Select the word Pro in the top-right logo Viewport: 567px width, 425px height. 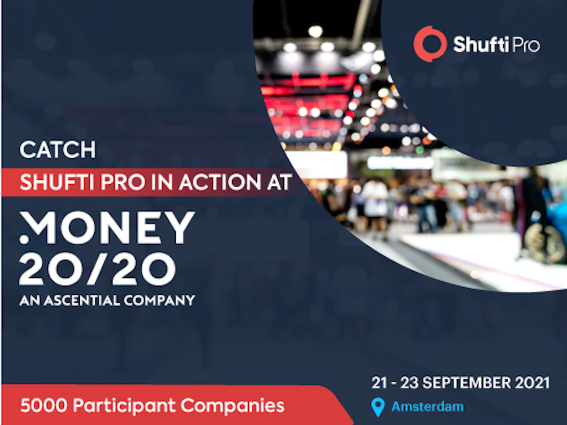pos(526,45)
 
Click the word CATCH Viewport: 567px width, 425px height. pos(58,149)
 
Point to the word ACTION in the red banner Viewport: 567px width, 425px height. pos(220,182)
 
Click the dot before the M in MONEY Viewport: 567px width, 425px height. pos(24,239)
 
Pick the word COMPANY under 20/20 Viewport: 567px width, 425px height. pos(159,300)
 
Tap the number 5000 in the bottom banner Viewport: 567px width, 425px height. pos(44,405)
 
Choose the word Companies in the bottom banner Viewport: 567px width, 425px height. pos(233,406)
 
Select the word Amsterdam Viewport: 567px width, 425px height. pos(427,407)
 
